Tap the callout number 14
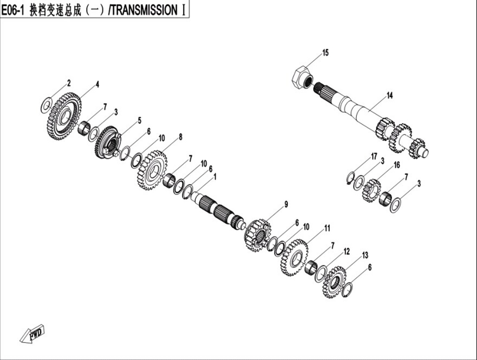tap(390, 96)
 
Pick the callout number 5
tap(140, 121)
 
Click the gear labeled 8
tap(152, 170)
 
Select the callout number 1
tap(215, 177)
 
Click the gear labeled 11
tap(294, 257)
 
